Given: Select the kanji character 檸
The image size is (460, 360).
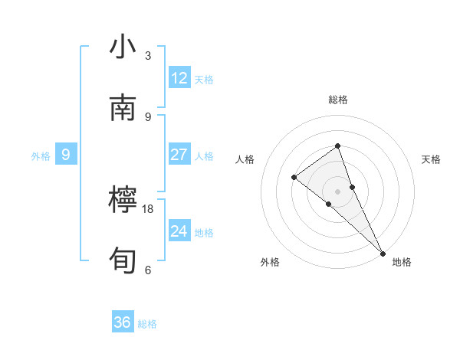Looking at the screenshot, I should coord(123,201).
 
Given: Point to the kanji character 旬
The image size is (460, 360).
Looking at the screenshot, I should coord(123,261).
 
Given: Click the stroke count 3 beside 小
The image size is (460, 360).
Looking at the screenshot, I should coord(148,56).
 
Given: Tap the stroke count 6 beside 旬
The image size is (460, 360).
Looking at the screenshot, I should coord(148,270).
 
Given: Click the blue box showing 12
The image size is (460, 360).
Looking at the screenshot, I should coord(179,78).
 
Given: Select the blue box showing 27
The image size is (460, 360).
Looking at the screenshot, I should coord(179,155).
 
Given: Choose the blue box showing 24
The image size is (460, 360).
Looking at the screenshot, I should coord(179,231).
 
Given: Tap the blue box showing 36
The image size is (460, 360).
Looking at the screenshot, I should coord(123,322).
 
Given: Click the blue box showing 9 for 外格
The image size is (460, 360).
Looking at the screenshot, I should coord(66,155).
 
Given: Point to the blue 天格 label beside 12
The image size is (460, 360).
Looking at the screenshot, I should coord(204,79).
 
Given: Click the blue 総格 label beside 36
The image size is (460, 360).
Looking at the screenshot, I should coord(147,324).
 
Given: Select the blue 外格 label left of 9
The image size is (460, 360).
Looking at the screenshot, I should coord(41,155).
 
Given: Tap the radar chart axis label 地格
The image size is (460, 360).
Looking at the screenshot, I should coord(402,262).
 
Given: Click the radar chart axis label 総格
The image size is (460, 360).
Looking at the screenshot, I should coord(338,100).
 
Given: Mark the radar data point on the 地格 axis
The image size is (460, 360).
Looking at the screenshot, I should coord(382,252).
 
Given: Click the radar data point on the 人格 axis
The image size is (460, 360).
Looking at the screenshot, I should coord(294,178).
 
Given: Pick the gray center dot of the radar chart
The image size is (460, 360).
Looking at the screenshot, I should coord(337,191).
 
